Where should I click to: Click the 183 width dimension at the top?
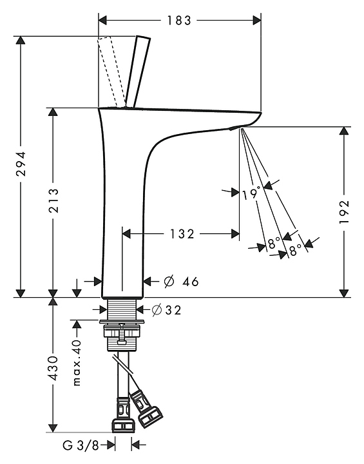click(x=179, y=21)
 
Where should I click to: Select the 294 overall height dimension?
click(x=21, y=164)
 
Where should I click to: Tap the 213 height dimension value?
click(x=53, y=200)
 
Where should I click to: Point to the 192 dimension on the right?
click(x=344, y=211)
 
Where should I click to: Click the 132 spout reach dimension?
click(x=182, y=234)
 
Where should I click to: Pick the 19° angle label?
click(x=251, y=193)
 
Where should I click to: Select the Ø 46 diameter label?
click(x=181, y=282)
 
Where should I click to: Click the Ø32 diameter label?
click(x=166, y=310)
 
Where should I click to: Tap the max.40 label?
click(x=77, y=363)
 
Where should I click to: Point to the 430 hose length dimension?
click(x=53, y=368)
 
